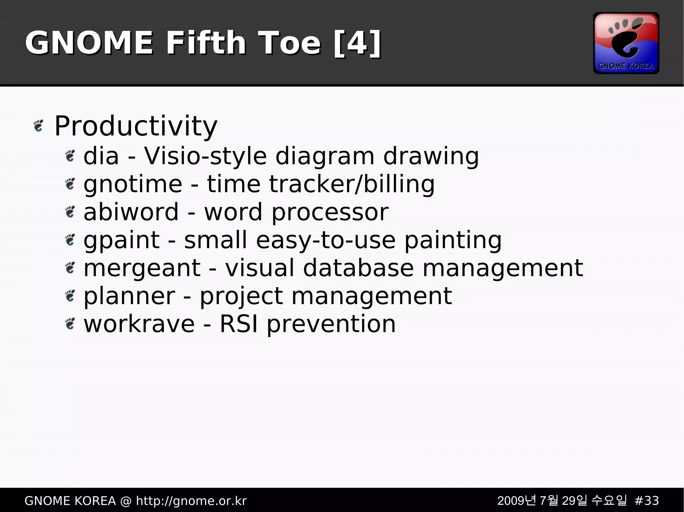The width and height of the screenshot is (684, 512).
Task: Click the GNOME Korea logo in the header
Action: pyautogui.click(x=626, y=43)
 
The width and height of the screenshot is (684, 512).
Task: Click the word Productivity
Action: pyautogui.click(x=136, y=126)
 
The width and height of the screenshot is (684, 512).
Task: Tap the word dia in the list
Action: pyautogui.click(x=101, y=156)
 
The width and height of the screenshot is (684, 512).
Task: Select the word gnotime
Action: pyautogui.click(x=133, y=184)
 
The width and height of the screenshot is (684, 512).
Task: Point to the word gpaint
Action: pyautogui.click(x=122, y=240)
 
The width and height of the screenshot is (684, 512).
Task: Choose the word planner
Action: pyautogui.click(x=129, y=296)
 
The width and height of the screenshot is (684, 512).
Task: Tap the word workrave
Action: pyautogui.click(x=139, y=324)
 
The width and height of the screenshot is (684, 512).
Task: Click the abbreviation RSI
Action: pyautogui.click(x=238, y=324)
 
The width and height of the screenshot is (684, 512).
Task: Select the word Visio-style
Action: pyautogui.click(x=205, y=156)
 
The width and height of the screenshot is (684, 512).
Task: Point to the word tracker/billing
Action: pyautogui.click(x=352, y=184)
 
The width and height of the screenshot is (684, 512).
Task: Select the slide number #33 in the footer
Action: pyautogui.click(x=646, y=501)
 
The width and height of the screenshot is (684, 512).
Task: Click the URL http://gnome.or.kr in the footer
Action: pyautogui.click(x=191, y=501)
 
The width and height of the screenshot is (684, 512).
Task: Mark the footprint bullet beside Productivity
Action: pyautogui.click(x=39, y=126)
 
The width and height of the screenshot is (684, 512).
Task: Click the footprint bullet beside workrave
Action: pyautogui.click(x=70, y=324)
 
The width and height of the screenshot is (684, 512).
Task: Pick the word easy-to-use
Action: pyautogui.click(x=326, y=240)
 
